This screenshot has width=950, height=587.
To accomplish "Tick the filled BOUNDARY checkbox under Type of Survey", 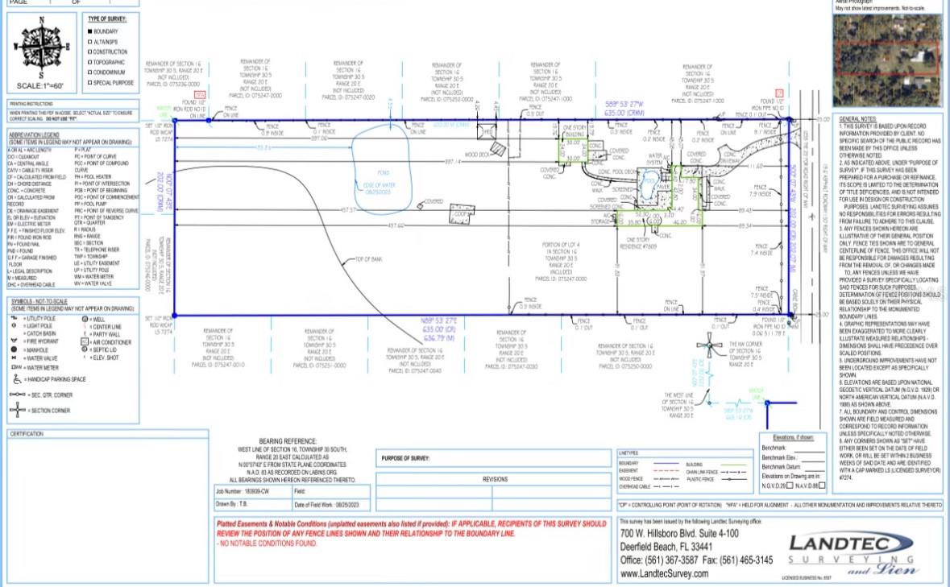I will pos(89,31).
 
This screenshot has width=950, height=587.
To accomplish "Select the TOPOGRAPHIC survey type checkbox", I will pos(89,62).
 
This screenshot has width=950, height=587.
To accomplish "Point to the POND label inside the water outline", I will pos(383,172).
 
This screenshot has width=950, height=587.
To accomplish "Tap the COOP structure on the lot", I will pos(461,214).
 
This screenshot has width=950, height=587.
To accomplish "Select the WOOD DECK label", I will pos(478,154).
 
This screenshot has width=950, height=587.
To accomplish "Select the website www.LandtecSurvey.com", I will pos(664,573).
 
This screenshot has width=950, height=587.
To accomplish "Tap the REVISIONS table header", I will pos(495,478).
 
